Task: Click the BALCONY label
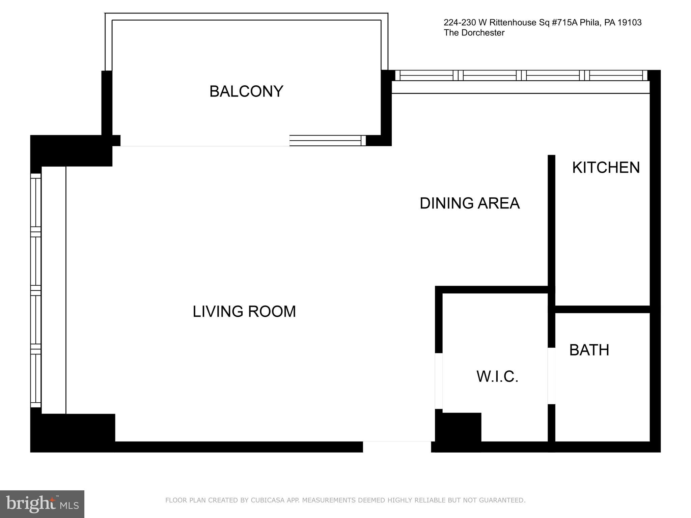point(246,91)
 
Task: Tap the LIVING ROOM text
point(244,311)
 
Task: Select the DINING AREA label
point(469,203)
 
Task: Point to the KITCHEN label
point(606,168)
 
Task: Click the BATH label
point(589,350)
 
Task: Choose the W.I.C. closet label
point(497,376)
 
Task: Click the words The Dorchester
point(474,33)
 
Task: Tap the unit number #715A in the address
point(565,23)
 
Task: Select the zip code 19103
point(629,23)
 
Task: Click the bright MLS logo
point(42,504)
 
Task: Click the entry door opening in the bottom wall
point(397,447)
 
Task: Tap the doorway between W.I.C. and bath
point(551,376)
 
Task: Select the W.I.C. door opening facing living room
point(439,381)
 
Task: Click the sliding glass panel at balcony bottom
point(325,140)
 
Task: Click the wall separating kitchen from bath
point(602,309)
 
